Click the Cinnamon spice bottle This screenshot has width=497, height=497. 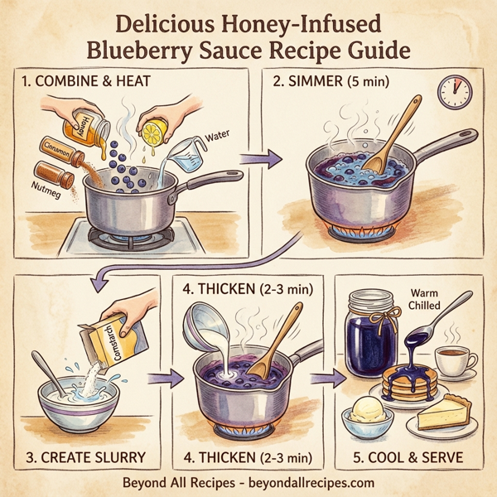65,153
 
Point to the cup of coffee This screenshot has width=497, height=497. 454,361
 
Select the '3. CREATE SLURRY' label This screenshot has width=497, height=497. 85,456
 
